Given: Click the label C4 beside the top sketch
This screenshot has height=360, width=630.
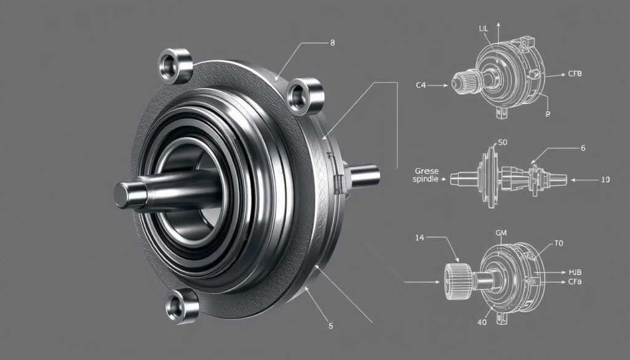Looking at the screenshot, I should [421, 87].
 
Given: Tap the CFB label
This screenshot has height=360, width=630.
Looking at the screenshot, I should [575, 74].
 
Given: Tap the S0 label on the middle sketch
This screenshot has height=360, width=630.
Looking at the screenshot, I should [501, 142].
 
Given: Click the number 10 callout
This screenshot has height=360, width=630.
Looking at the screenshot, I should [605, 180].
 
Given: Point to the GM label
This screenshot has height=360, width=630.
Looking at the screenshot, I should [501, 234].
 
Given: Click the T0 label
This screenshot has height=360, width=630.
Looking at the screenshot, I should [559, 243].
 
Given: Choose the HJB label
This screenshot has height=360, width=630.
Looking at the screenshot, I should [576, 271].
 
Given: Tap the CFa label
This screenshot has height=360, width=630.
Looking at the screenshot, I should [575, 281].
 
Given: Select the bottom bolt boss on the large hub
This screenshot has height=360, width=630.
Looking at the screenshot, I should [183, 305].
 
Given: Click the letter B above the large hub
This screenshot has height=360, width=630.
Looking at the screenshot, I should [332, 43].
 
